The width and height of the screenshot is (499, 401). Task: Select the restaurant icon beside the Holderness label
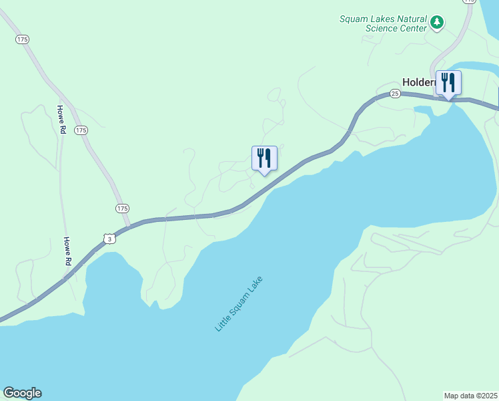(x=448, y=83)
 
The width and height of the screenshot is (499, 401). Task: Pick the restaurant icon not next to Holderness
(x=264, y=158)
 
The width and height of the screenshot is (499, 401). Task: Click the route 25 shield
(x=395, y=94)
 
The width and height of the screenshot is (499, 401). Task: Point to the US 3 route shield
(x=109, y=238)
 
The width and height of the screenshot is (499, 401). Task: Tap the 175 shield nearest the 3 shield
(x=122, y=209)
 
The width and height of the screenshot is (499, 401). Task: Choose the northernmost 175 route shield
(x=23, y=40)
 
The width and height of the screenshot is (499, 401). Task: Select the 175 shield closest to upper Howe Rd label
(x=81, y=130)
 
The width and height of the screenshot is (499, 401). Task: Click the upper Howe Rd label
(x=61, y=120)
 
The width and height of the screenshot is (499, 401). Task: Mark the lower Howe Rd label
(x=67, y=251)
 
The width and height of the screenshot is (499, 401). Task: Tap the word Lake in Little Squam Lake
(x=257, y=283)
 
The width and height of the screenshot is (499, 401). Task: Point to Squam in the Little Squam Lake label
(x=239, y=303)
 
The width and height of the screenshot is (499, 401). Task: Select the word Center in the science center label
(x=412, y=29)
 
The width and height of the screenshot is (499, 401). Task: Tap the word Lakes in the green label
(x=379, y=19)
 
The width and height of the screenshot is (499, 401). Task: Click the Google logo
(x=22, y=393)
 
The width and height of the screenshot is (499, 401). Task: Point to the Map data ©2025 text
(x=471, y=396)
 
